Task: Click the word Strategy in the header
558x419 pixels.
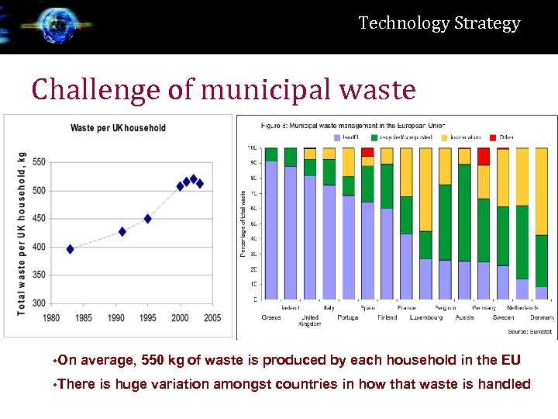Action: (x=488, y=23)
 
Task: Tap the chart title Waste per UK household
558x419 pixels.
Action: (x=118, y=128)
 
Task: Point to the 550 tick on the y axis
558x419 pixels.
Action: (x=38, y=162)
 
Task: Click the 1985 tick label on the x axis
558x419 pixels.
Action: (x=83, y=318)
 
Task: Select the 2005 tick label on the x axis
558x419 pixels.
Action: (x=212, y=318)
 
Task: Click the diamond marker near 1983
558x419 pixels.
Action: (x=71, y=249)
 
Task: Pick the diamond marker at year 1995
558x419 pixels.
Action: (x=147, y=219)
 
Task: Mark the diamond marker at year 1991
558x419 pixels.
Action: (x=122, y=231)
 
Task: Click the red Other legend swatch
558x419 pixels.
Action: (x=493, y=137)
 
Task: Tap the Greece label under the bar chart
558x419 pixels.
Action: (x=271, y=317)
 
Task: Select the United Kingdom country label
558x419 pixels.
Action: (x=310, y=320)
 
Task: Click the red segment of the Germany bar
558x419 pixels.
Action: (x=484, y=156)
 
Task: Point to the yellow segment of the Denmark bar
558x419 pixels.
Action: (x=542, y=191)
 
